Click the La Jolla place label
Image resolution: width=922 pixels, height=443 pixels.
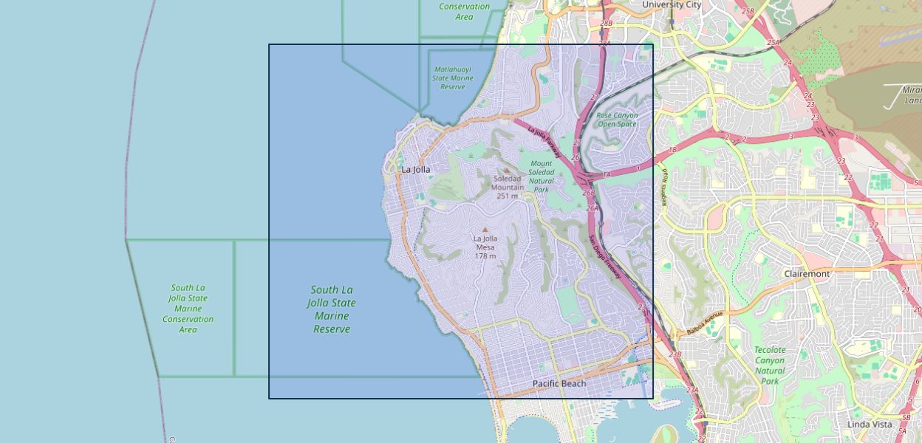click(x=415, y=169)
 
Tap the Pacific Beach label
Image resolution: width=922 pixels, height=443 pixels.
click(x=559, y=383)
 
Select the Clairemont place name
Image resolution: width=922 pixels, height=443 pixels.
click(x=807, y=273)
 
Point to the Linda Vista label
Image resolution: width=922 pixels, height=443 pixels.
click(x=870, y=424)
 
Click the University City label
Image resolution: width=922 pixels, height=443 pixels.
click(x=672, y=4)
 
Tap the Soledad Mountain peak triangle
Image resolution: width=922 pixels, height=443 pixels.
click(x=507, y=170)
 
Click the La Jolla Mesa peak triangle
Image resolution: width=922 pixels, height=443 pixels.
click(x=485, y=229)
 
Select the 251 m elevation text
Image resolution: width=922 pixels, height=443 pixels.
click(x=508, y=196)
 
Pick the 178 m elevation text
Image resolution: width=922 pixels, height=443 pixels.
click(x=485, y=255)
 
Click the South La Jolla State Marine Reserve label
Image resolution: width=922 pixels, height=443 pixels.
click(x=332, y=309)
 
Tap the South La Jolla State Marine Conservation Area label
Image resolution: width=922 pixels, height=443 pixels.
click(x=188, y=309)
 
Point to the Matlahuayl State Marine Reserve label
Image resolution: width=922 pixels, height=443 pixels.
click(x=453, y=78)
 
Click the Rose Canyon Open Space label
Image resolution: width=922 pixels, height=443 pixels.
click(x=617, y=120)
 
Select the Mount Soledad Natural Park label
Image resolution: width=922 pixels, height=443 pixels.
click(x=542, y=176)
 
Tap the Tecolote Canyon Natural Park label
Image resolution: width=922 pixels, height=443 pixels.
click(x=769, y=365)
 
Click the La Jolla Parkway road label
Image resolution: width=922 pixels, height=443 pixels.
click(x=544, y=143)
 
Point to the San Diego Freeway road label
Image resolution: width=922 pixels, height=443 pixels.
click(x=606, y=256)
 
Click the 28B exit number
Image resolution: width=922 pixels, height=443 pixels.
click(x=607, y=24)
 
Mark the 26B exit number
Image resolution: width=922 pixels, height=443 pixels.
click(x=588, y=193)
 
